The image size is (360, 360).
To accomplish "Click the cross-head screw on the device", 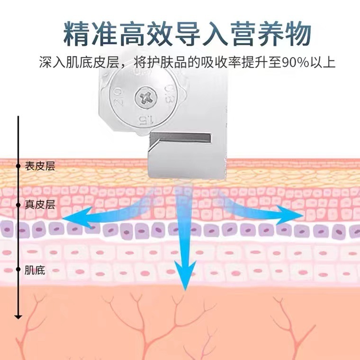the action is click(x=145, y=99).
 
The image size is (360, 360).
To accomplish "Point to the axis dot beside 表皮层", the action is click(x=18, y=166).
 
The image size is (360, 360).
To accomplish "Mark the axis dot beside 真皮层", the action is click(x=18, y=205).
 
